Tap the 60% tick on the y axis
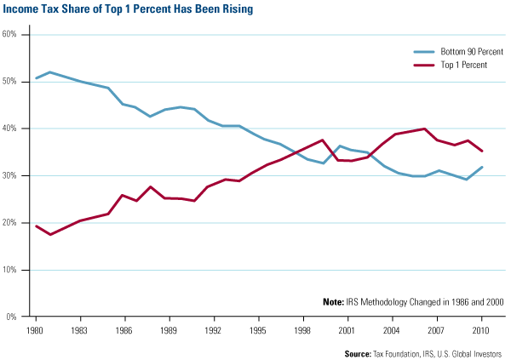coord(11,35)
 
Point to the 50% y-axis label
coord(11,82)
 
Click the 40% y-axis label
coord(11,129)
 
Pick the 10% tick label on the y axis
coord(11,270)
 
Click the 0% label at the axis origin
coord(13,317)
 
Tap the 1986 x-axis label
coord(124,329)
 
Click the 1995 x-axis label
coord(257,329)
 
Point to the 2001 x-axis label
coord(346,329)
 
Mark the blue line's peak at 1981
coord(51,72)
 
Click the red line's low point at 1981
coord(51,234)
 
